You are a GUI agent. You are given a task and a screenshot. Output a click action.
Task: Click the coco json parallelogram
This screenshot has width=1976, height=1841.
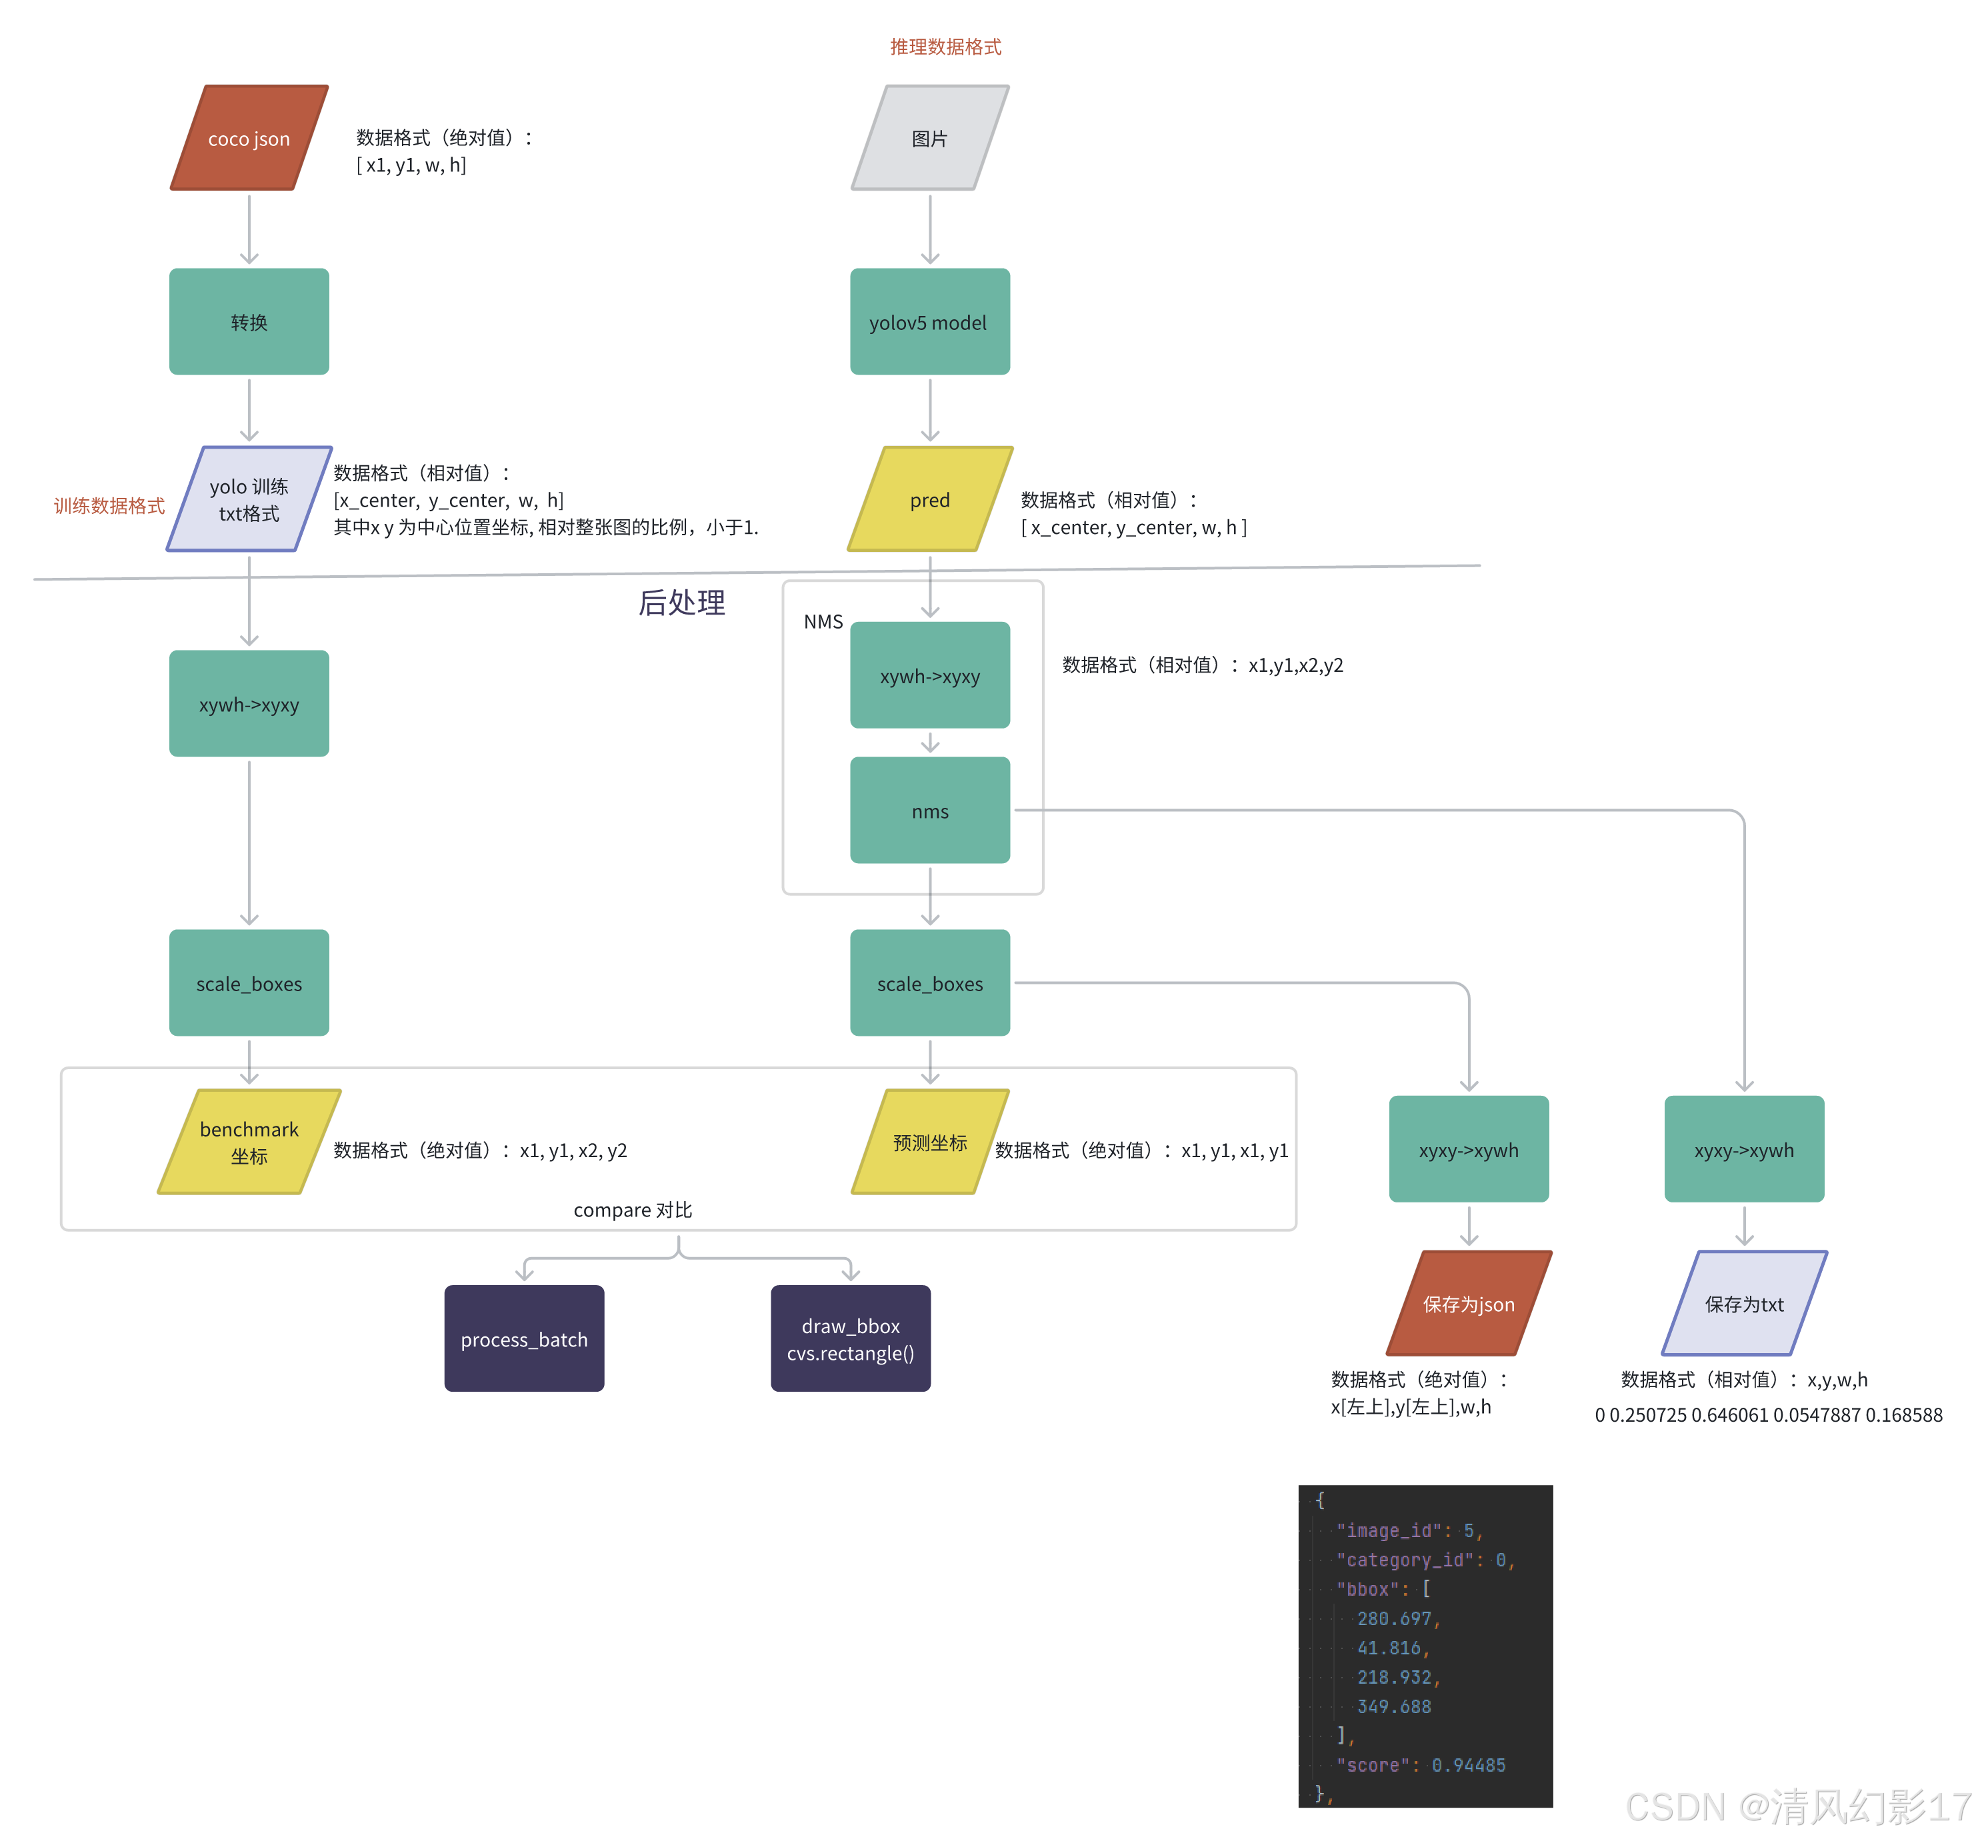[x=249, y=138]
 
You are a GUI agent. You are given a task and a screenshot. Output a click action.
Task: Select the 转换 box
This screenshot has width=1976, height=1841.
[x=249, y=322]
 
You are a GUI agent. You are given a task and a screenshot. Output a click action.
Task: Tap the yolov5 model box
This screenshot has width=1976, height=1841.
[x=929, y=322]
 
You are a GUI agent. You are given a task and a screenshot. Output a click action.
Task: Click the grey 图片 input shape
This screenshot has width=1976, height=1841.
[x=929, y=138]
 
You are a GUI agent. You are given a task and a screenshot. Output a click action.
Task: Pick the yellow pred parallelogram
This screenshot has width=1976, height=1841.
[x=929, y=500]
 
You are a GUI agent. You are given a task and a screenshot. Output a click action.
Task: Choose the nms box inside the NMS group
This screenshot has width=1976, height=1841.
[x=929, y=811]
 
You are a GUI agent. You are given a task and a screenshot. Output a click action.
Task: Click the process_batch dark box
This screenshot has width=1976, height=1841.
[x=524, y=1338]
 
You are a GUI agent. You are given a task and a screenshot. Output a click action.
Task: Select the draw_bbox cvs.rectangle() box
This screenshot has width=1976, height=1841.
[x=850, y=1338]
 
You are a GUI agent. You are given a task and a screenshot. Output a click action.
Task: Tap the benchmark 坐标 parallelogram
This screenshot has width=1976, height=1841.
[x=249, y=1142]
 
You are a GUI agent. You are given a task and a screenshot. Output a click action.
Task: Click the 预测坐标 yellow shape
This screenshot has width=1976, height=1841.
[x=929, y=1142]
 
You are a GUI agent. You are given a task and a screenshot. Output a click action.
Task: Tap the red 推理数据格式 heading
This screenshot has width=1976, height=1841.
[x=945, y=47]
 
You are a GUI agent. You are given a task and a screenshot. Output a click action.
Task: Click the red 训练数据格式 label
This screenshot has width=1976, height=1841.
[x=109, y=506]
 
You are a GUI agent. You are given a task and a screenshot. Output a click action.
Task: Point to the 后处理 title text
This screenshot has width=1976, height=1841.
[x=682, y=602]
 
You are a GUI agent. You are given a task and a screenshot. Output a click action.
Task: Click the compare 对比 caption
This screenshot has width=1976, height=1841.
[x=632, y=1209]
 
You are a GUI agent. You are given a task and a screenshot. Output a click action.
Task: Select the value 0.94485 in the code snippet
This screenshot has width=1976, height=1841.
[x=1468, y=1764]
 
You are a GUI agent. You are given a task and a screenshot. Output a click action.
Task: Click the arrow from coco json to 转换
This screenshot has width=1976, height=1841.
[x=249, y=229]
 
